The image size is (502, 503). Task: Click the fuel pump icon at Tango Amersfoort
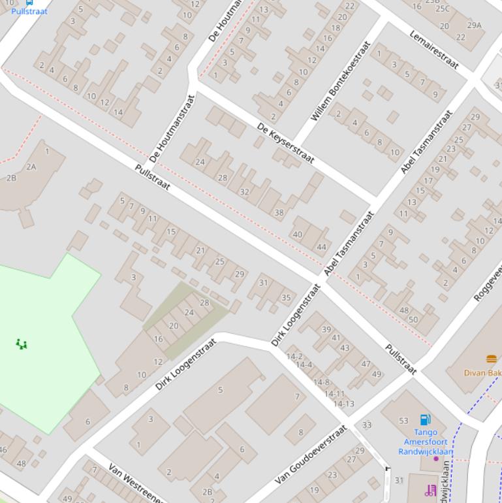pyautogui.click(x=425, y=419)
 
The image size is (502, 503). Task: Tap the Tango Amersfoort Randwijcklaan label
pyautogui.click(x=425, y=442)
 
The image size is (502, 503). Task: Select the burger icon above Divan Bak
pyautogui.click(x=492, y=359)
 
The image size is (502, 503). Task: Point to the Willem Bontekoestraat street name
pyautogui.click(x=341, y=81)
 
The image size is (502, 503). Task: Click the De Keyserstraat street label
pyautogui.click(x=286, y=142)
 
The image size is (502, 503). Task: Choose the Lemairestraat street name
pyautogui.click(x=434, y=50)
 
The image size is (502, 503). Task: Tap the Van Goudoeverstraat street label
pyautogui.click(x=311, y=454)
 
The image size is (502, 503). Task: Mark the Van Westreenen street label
pyautogui.click(x=136, y=484)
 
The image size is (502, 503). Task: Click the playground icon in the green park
pyautogui.click(x=22, y=344)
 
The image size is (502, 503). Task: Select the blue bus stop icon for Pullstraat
pyautogui.click(x=29, y=2)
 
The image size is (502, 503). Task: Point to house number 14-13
pyautogui.click(x=343, y=404)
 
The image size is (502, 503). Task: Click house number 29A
pyautogui.click(x=474, y=25)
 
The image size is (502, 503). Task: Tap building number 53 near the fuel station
pyautogui.click(x=403, y=421)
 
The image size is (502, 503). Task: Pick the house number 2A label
pyautogui.click(x=31, y=167)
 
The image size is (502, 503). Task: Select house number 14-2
pyautogui.click(x=294, y=357)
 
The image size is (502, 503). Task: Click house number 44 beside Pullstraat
pyautogui.click(x=321, y=247)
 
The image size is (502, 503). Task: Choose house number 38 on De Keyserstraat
pyautogui.click(x=279, y=212)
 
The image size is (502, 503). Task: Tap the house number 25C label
pyautogui.click(x=442, y=8)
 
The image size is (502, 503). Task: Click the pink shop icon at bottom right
pyautogui.click(x=430, y=490)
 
